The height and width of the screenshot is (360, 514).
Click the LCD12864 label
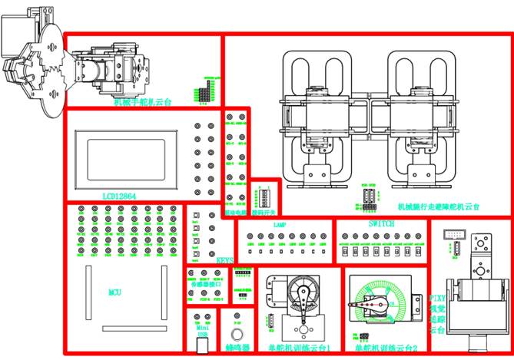(x=119, y=196)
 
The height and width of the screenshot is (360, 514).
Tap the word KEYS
(x=224, y=260)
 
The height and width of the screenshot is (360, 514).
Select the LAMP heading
(x=279, y=225)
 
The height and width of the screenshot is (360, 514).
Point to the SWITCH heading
(x=381, y=223)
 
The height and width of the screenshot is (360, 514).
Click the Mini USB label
(x=202, y=331)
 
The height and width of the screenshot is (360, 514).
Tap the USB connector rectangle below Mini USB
(x=202, y=345)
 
